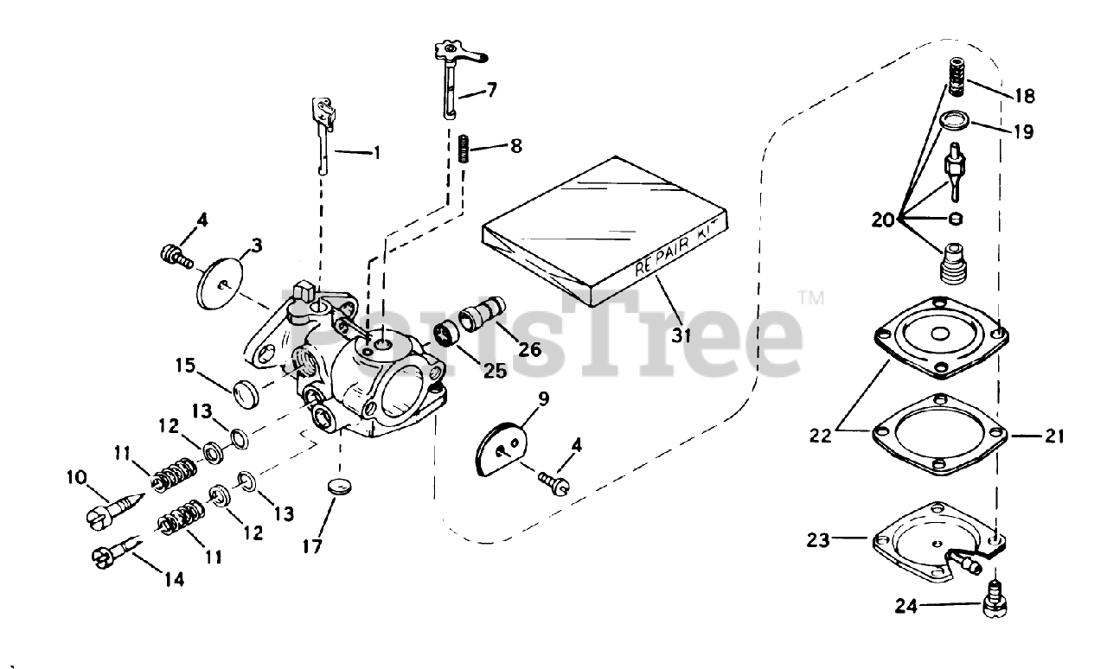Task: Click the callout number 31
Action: [x=682, y=334]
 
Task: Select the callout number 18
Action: [x=1026, y=95]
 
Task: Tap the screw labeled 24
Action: [x=997, y=596]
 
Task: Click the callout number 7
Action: [x=492, y=90]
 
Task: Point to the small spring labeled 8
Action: [x=463, y=147]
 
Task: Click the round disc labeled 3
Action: [x=224, y=278]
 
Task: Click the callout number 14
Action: [x=174, y=579]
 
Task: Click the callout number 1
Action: [x=376, y=153]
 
